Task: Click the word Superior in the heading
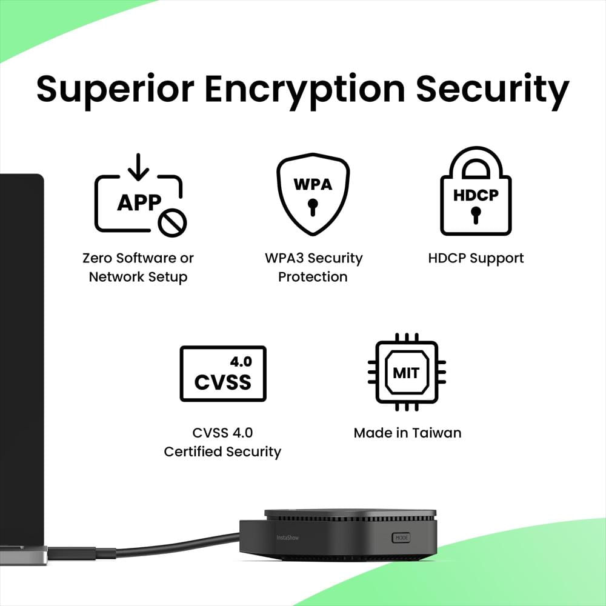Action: click(115, 90)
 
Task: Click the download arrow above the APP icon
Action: click(138, 167)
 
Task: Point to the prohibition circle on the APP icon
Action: click(172, 222)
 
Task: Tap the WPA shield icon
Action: click(313, 194)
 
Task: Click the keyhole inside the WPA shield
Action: click(313, 207)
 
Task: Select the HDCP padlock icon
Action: click(476, 191)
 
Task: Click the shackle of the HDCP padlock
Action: click(476, 154)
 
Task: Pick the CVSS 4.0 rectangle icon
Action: click(223, 374)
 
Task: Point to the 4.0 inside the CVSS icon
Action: click(241, 362)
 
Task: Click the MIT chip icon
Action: click(407, 372)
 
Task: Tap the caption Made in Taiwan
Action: click(407, 433)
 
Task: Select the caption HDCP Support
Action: click(476, 258)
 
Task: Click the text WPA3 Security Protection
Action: click(313, 267)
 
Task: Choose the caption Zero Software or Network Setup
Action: click(138, 267)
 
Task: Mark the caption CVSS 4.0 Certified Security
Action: click(222, 442)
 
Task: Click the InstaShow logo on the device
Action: click(287, 538)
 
